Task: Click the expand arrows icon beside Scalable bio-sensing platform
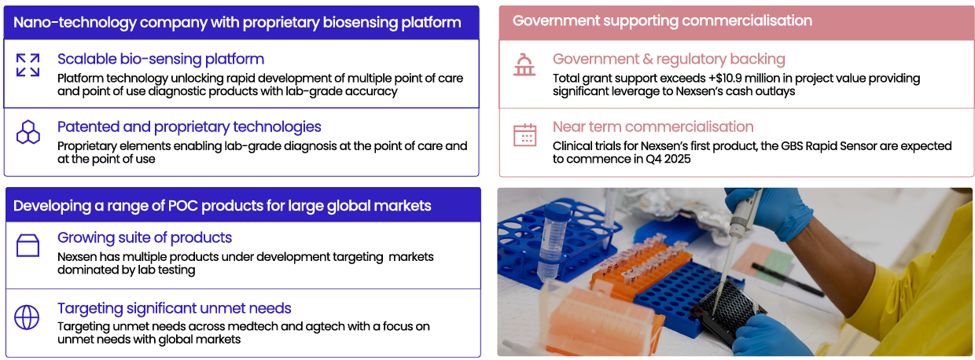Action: click(x=28, y=65)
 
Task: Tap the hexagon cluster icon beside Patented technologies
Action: click(x=28, y=132)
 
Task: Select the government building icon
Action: click(x=524, y=65)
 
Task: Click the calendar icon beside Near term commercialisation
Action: click(x=524, y=135)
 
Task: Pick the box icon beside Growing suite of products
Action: click(x=28, y=245)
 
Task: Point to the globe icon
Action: click(x=27, y=318)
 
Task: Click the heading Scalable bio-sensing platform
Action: click(x=160, y=59)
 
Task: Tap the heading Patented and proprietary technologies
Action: click(x=189, y=127)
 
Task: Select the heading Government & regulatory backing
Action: click(x=669, y=59)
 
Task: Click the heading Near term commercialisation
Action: click(x=653, y=127)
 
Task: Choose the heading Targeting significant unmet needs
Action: click(x=174, y=308)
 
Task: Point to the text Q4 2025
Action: click(x=668, y=159)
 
